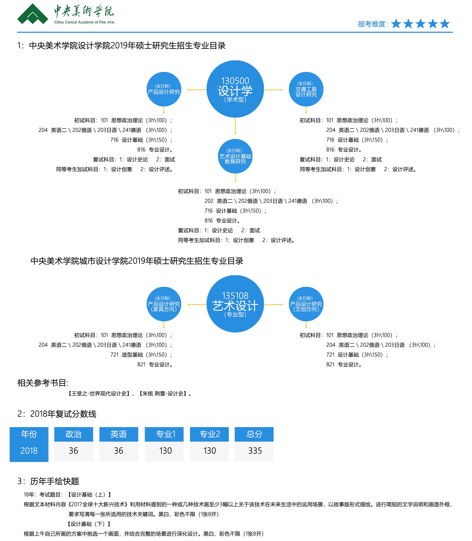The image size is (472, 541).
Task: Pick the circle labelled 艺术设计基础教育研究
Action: point(235,156)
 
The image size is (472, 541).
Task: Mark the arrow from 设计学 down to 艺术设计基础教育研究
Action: point(235,126)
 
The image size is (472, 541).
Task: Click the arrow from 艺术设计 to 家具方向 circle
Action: point(197,305)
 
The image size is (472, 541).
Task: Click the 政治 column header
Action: point(74,434)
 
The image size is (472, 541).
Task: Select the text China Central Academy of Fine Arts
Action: point(84,22)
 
